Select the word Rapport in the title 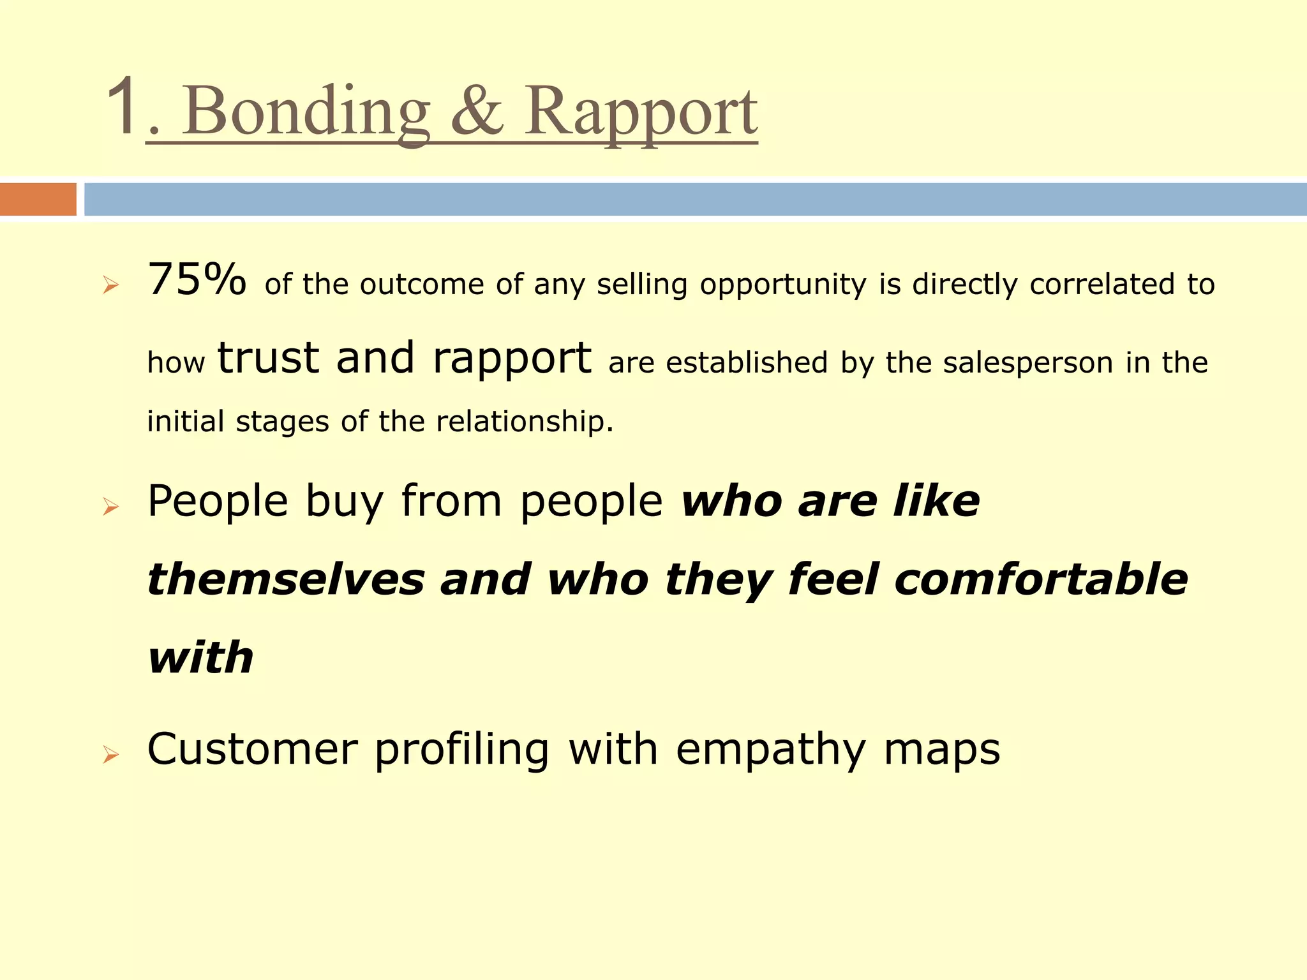(641, 114)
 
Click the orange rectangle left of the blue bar (38, 199)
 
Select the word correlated (1102, 284)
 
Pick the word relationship (520, 421)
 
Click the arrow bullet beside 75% (110, 286)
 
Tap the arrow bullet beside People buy (110, 507)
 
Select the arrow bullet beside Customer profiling (110, 755)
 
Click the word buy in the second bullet (345, 503)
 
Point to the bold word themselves (286, 579)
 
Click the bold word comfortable (1041, 579)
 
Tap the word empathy (771, 751)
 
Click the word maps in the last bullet (942, 751)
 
